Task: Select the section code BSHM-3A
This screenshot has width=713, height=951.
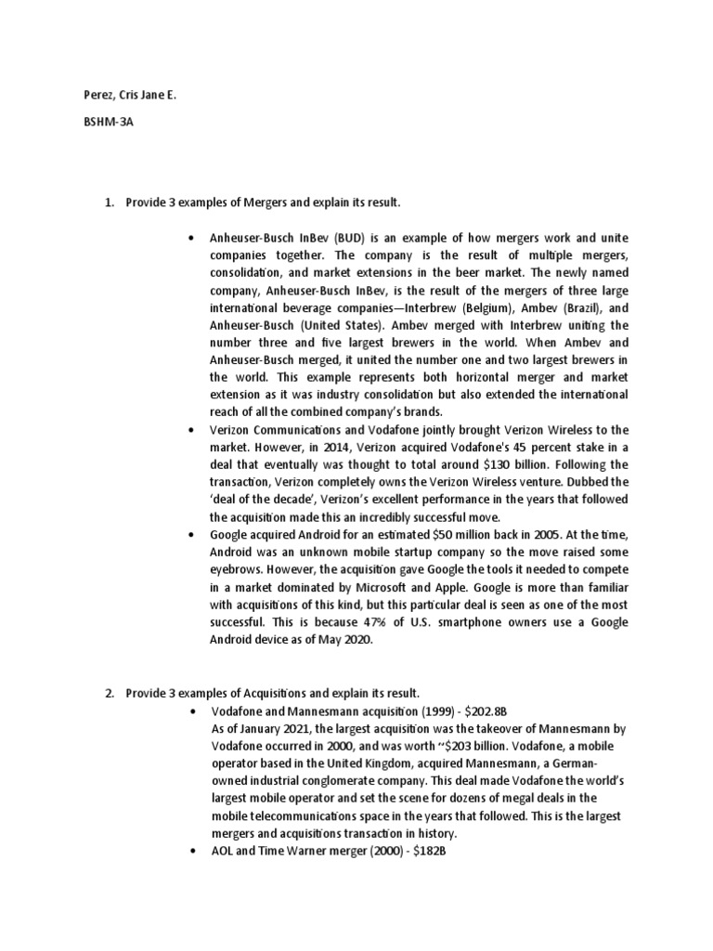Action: coord(96,131)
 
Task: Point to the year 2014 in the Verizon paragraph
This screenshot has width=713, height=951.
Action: coord(307,447)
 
